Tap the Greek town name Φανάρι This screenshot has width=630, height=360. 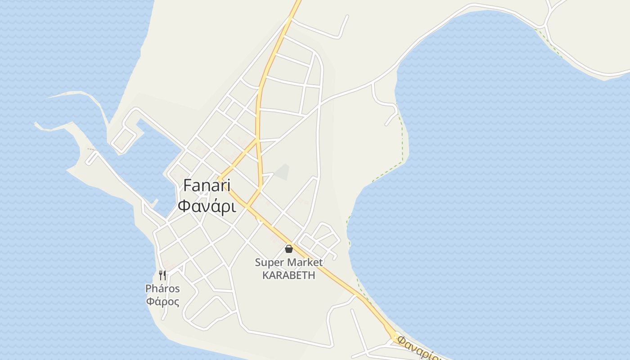(207, 206)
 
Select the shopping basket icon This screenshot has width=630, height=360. (289, 248)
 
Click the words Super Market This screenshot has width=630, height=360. (288, 262)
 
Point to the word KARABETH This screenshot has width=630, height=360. (288, 275)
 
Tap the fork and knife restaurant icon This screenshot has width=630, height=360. (162, 275)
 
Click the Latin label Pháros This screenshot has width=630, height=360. (162, 288)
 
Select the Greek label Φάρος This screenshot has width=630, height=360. (162, 301)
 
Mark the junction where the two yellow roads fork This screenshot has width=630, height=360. (257, 139)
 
